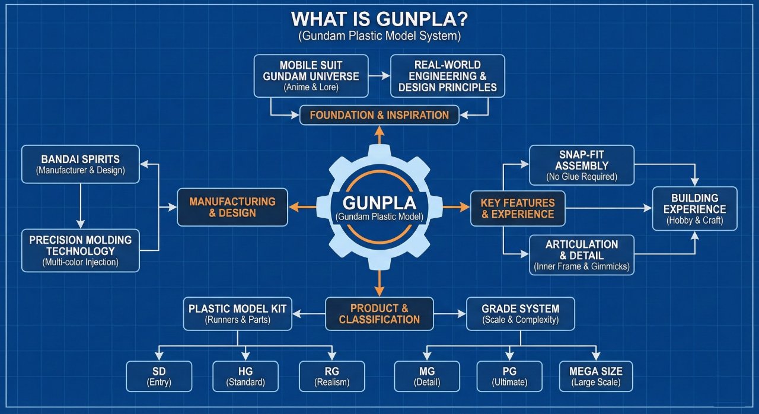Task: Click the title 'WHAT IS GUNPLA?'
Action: pos(379,19)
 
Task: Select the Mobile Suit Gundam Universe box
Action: pos(311,76)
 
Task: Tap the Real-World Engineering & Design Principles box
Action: pos(448,76)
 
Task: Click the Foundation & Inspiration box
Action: pos(379,115)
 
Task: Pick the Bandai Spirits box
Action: pos(81,164)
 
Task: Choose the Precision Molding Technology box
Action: pos(81,250)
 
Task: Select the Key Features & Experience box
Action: pos(518,208)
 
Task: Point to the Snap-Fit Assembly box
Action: pos(581,164)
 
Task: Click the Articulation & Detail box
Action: pos(581,255)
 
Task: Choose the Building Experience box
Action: pos(694,209)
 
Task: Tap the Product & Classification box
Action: pos(379,314)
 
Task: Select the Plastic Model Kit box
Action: pos(237,314)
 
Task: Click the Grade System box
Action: pos(520,314)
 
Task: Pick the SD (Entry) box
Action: pos(159,376)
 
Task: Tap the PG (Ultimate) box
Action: pos(509,376)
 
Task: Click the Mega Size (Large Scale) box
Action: pos(595,376)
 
